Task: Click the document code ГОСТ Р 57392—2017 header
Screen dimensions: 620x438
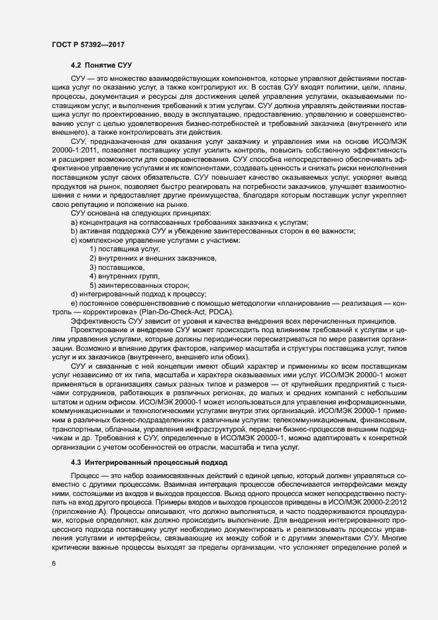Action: [x=88, y=44]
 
